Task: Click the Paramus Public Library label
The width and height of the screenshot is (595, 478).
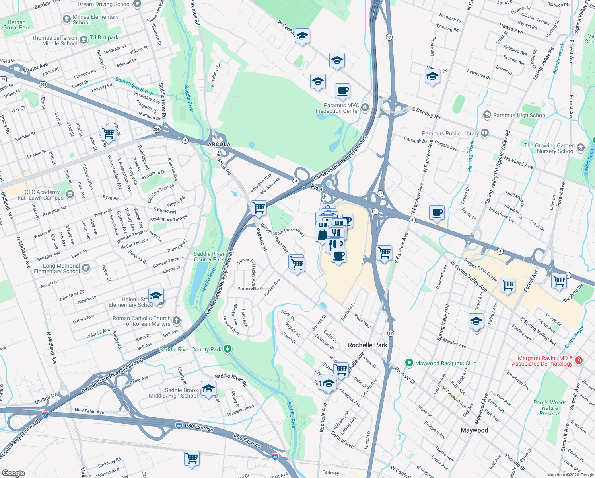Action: coord(450,134)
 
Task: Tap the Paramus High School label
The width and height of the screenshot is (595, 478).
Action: coord(520,115)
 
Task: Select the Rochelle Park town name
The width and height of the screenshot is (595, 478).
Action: coord(367,345)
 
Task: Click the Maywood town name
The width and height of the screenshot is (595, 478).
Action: coord(474,430)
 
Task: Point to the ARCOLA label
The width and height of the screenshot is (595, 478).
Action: coord(219,144)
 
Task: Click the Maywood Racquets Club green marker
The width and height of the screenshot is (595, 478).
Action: coord(409,363)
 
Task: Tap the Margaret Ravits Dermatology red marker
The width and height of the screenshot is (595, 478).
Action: coord(579,360)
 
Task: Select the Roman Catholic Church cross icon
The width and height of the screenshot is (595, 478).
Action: coord(177,321)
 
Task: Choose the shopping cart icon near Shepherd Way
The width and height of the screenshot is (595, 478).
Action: coord(559,281)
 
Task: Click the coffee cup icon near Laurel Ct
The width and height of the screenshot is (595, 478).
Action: coord(437,213)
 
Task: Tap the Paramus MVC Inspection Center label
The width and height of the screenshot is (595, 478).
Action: coord(338,108)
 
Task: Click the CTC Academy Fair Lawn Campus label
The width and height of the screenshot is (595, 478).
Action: coord(41,195)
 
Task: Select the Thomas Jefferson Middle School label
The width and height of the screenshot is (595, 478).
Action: coord(54,41)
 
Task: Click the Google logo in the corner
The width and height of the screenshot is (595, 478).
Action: coord(14,473)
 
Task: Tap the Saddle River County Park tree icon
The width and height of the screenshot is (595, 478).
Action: coord(227,349)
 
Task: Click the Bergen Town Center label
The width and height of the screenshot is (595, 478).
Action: coord(480,270)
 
